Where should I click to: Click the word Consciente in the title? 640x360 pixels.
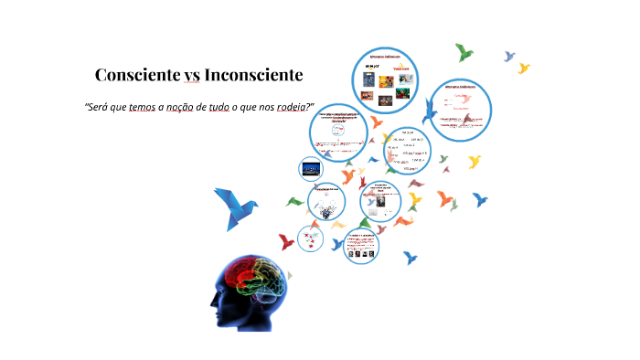(136, 74)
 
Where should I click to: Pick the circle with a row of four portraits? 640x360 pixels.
(362, 245)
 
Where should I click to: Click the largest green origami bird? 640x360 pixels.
(464, 52)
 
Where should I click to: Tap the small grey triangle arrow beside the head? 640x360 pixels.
(290, 274)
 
